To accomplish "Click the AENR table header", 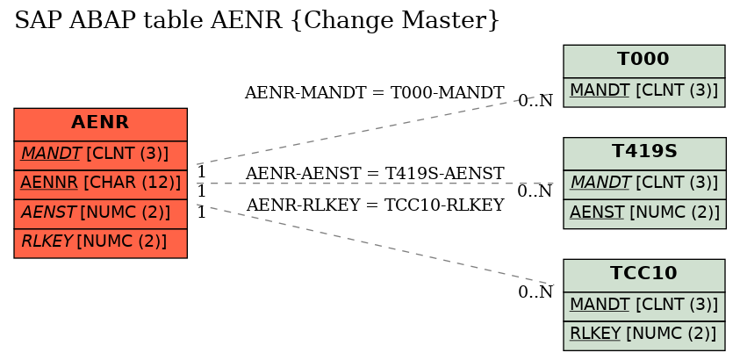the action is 101,124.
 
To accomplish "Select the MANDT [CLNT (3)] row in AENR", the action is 101,155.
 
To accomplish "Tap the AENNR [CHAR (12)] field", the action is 101,184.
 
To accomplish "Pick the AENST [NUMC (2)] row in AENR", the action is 101,213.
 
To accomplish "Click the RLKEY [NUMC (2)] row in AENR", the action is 101,243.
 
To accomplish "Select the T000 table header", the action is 643,61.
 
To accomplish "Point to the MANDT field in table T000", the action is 643,92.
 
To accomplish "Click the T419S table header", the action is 644,154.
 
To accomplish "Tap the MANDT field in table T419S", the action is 644,184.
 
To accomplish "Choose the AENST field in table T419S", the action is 644,213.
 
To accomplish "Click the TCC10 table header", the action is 643,275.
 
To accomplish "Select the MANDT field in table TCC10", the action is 643,306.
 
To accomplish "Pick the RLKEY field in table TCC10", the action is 643,335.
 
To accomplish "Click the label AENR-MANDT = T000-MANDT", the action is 374,93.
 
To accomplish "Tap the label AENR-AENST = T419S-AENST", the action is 375,174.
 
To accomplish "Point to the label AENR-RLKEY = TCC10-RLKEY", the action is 375,205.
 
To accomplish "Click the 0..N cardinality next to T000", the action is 535,100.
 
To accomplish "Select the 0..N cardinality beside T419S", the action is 535,191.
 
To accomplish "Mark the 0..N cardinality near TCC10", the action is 535,292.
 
